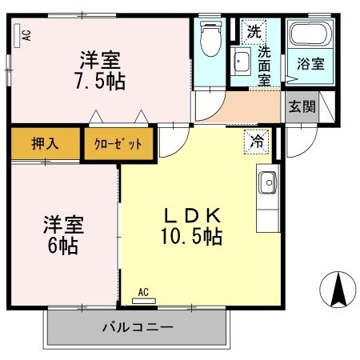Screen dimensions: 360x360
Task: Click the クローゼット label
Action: pyautogui.click(x=118, y=144)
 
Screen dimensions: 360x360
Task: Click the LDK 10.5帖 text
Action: pyautogui.click(x=192, y=226)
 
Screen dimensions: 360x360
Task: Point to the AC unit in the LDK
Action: pyautogui.click(x=145, y=298)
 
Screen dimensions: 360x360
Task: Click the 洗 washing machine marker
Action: pyautogui.click(x=253, y=33)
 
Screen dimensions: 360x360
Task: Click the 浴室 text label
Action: pyautogui.click(x=310, y=64)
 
